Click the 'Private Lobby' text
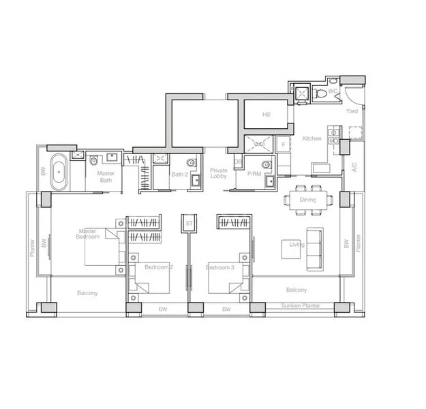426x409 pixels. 219,173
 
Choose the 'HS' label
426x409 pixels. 266,115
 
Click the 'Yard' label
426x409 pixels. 352,111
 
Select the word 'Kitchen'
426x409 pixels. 312,138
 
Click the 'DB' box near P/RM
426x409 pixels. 238,163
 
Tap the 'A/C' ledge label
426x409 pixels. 353,166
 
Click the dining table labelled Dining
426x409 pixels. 308,199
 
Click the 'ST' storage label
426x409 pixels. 188,223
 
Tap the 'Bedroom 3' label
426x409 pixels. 220,268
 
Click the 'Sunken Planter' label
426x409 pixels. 301,307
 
